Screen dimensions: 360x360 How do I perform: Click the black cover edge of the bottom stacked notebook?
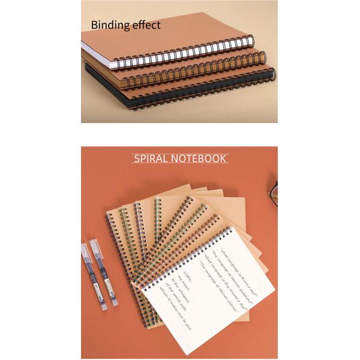(x=120, y=84)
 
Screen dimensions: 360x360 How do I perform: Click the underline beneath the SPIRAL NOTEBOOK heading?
(x=180, y=164)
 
